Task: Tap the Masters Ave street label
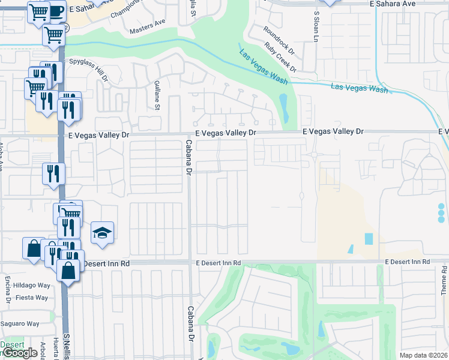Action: click(x=147, y=24)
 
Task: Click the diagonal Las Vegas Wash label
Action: click(x=261, y=64)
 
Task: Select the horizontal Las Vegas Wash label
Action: click(x=360, y=88)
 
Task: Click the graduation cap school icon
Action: click(x=103, y=233)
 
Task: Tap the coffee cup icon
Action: click(x=56, y=10)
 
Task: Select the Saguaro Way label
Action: click(x=20, y=323)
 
